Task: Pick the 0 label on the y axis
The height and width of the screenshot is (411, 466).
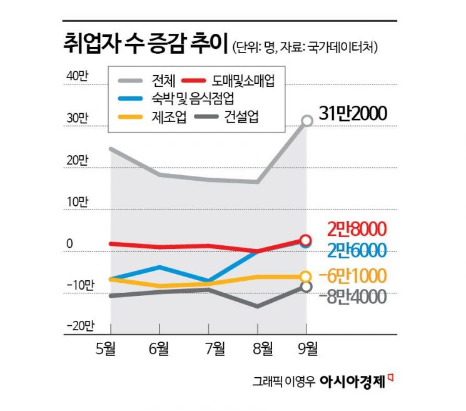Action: tap(70, 243)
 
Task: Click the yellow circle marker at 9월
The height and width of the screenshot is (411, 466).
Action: tap(306, 277)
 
